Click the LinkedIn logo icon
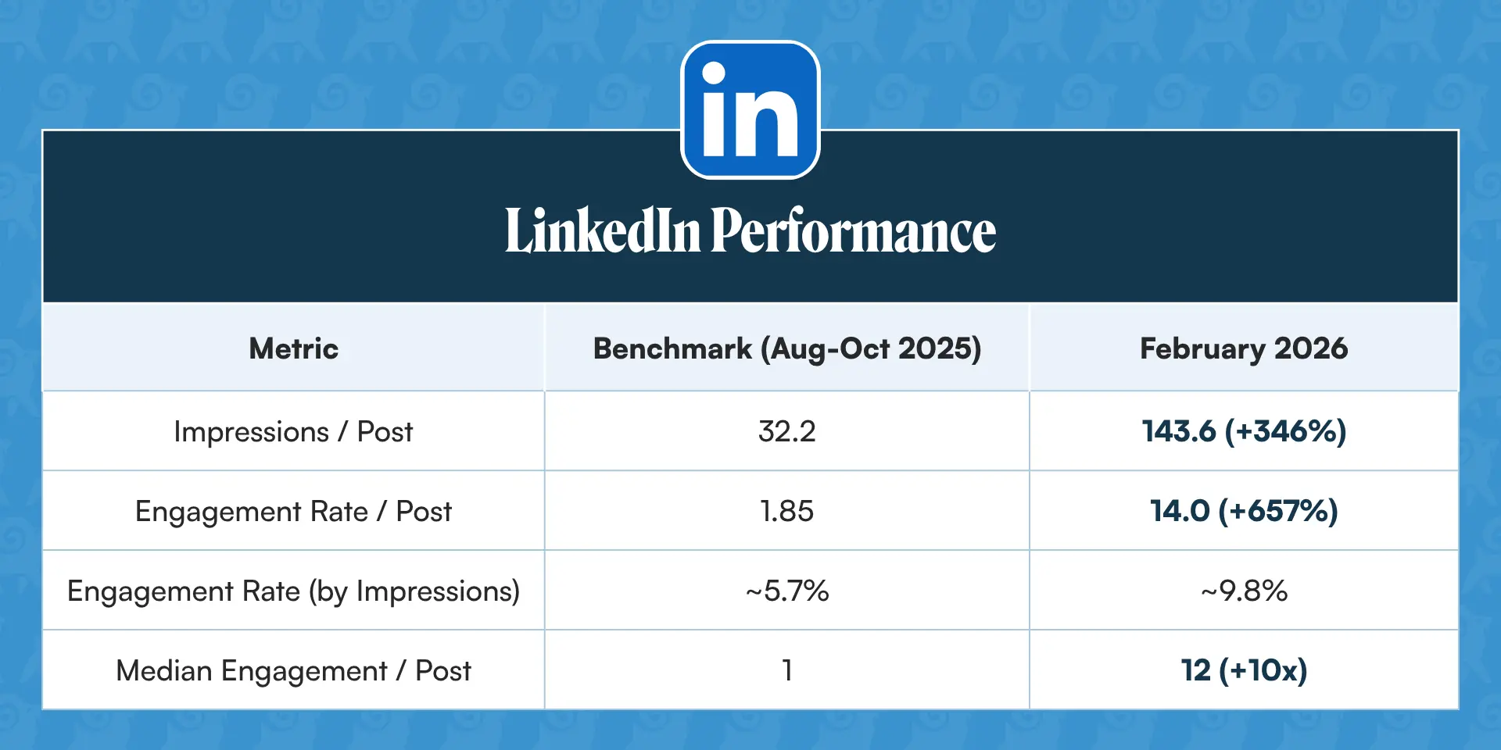coord(750,109)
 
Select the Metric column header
coord(294,348)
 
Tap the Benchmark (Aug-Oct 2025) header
coord(787,349)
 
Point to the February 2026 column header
coord(1244,349)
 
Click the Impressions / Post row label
coord(293,432)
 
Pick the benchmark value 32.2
coord(787,431)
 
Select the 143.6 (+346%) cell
coord(1244,431)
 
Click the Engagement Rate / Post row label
coord(293,512)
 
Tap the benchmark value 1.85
coord(787,511)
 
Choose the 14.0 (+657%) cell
coord(1244,511)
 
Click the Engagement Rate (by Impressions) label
coord(293,591)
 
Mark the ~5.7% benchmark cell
coord(787,591)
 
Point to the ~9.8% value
coord(1244,591)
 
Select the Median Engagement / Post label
coord(293,671)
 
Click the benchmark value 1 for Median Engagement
coord(787,670)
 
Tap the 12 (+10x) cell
coord(1244,670)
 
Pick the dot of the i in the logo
coord(714,73)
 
